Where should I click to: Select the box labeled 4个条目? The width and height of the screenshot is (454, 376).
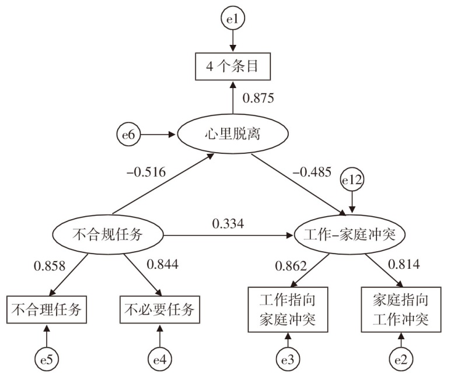click(x=233, y=69)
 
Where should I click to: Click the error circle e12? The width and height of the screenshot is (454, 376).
click(x=352, y=182)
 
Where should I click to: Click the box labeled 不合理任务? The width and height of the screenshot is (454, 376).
click(x=47, y=309)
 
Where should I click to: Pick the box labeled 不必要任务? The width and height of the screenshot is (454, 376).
click(x=159, y=309)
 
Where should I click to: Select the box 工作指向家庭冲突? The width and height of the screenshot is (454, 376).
click(x=286, y=309)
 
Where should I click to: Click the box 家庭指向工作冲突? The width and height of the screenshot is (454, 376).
click(x=400, y=309)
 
